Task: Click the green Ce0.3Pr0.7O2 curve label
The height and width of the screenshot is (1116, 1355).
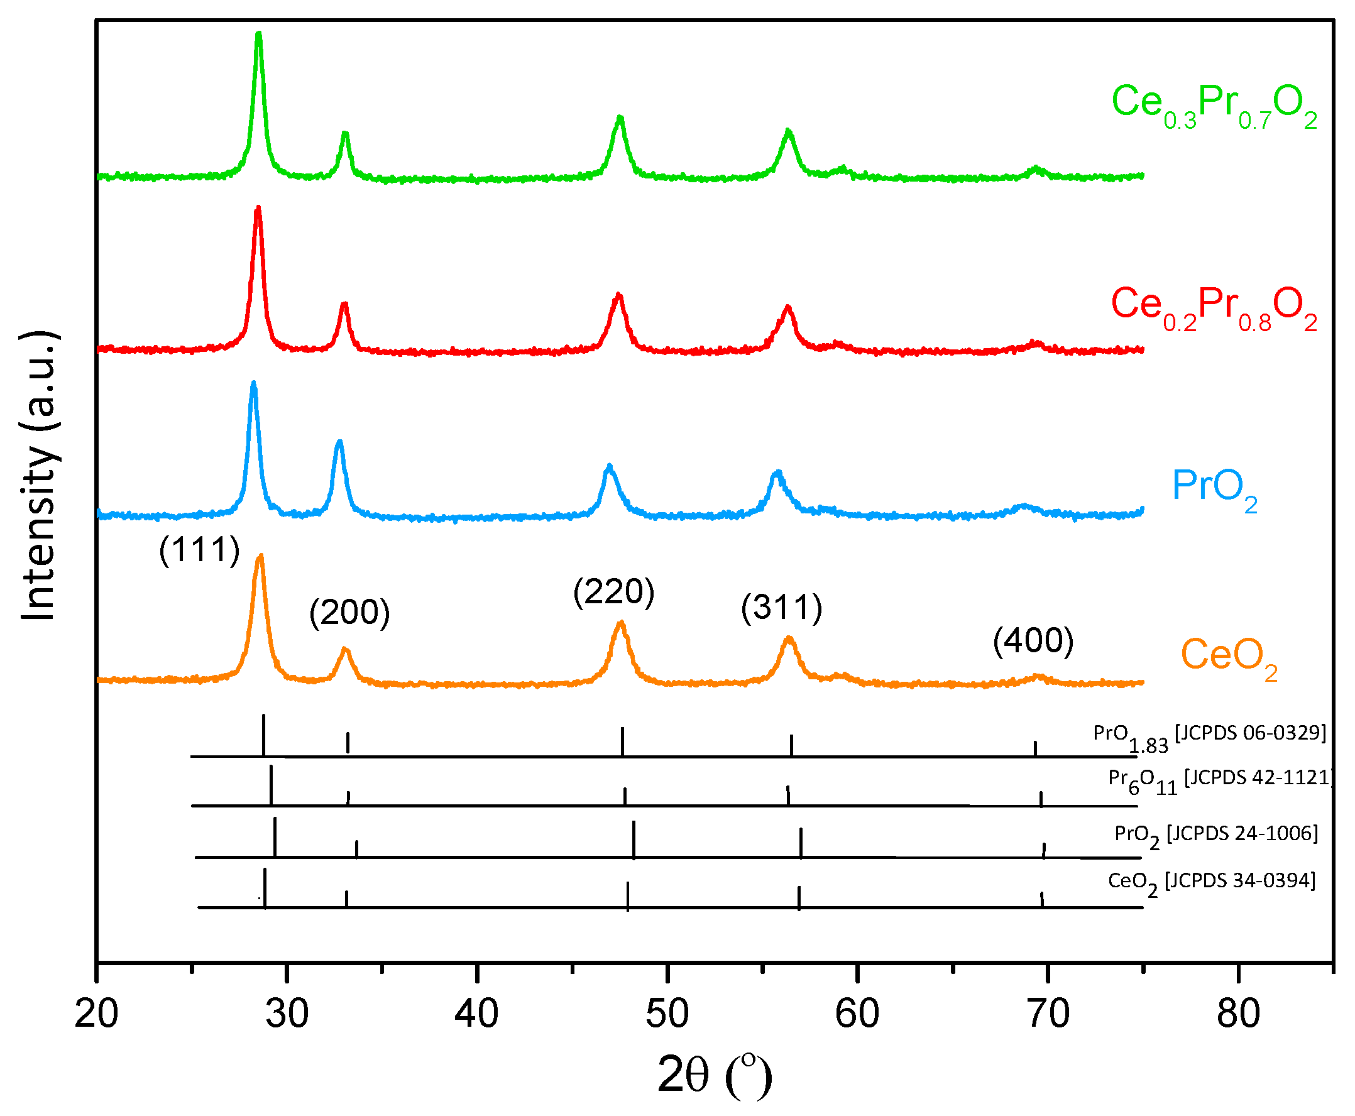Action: click(1213, 104)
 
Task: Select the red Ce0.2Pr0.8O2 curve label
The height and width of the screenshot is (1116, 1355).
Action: click(1213, 306)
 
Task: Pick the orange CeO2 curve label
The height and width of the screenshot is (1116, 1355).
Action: click(1227, 657)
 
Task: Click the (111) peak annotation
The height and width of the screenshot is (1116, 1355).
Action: click(199, 550)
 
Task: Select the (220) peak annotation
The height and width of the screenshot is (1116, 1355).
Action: click(613, 591)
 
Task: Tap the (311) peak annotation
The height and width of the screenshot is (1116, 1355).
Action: click(781, 608)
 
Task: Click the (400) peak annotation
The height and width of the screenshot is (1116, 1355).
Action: click(1033, 641)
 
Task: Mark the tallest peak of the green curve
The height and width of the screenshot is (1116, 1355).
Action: click(258, 35)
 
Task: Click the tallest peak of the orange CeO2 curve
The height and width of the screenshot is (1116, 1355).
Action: click(260, 557)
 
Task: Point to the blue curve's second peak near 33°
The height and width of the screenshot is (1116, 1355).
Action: click(339, 442)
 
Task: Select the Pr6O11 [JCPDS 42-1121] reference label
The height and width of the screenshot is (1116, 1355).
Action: click(1219, 780)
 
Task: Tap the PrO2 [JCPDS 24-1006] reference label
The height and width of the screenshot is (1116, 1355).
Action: click(1215, 835)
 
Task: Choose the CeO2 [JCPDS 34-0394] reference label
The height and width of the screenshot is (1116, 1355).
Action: click(1211, 882)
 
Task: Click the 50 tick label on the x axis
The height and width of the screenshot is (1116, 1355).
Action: click(667, 1014)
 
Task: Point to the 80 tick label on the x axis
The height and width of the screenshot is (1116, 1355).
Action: click(1237, 1014)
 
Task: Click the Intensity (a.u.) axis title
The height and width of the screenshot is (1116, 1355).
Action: click(40, 476)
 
